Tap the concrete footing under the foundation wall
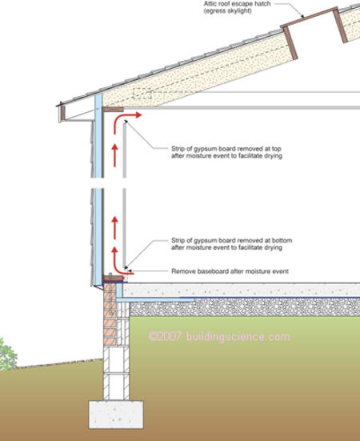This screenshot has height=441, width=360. [x=116, y=415]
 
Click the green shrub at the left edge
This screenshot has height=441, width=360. [x=8, y=355]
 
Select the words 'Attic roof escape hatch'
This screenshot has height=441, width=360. [x=237, y=4]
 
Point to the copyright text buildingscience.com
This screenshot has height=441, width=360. [x=238, y=337]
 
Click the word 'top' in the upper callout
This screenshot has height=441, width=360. [x=277, y=149]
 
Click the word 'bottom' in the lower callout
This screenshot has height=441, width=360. [x=282, y=240]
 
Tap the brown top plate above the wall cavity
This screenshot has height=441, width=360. [x=113, y=110]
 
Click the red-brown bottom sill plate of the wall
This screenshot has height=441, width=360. [x=114, y=279]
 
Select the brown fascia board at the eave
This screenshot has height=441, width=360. [x=63, y=113]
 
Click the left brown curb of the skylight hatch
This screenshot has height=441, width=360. [x=290, y=42]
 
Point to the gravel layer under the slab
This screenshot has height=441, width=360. [x=245, y=307]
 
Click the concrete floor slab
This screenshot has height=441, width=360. [x=242, y=290]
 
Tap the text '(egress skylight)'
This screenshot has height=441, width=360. [x=228, y=11]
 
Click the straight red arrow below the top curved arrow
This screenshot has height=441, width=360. [x=114, y=155]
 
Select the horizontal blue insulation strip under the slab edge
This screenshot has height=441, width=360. [x=155, y=300]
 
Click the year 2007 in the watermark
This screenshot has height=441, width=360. [x=169, y=337]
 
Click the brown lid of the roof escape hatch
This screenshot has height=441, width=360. [x=309, y=17]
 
